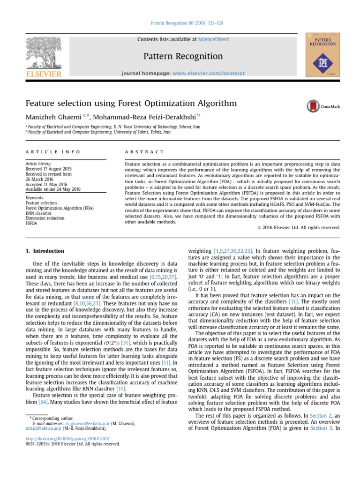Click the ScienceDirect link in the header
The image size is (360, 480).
(x=214, y=40)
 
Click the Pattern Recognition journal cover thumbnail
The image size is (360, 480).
(x=323, y=55)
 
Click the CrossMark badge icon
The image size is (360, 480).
(x=323, y=106)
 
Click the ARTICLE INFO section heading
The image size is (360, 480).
(x=53, y=152)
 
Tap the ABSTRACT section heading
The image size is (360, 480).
(x=144, y=152)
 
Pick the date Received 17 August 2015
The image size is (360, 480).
(x=49, y=169)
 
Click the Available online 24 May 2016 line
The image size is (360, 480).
(x=53, y=189)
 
